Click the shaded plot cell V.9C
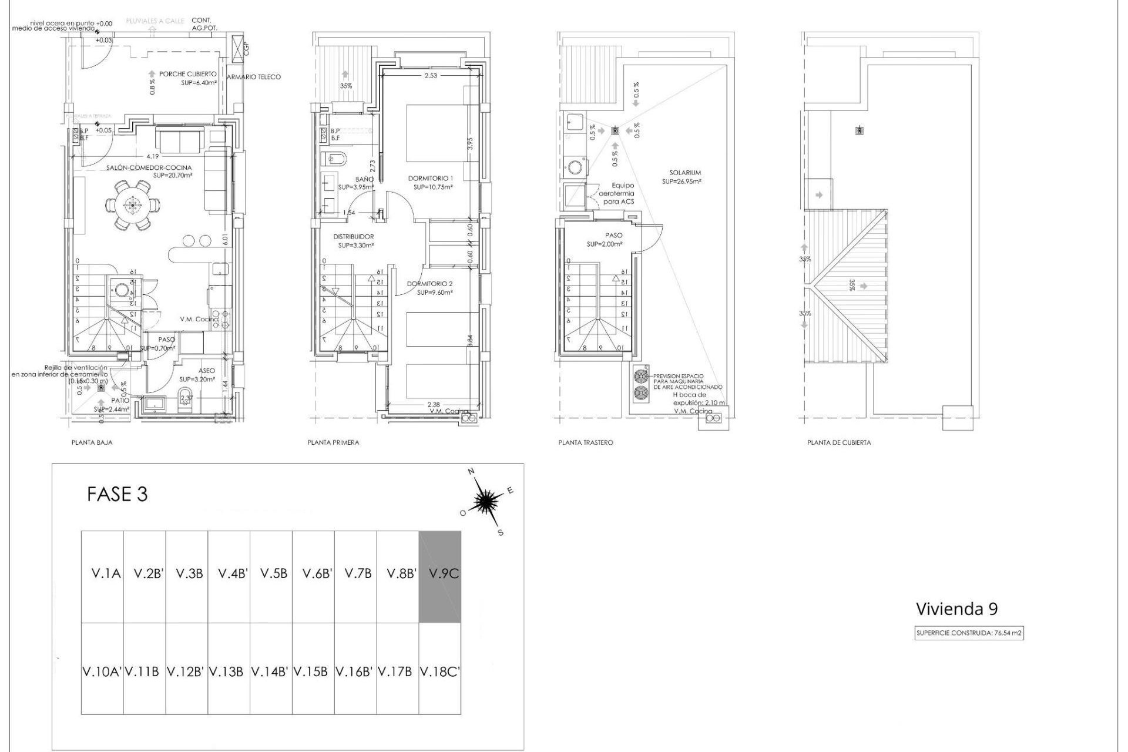[x=439, y=576]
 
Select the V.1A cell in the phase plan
[x=102, y=576]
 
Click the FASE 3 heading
[x=117, y=495]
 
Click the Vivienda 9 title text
[x=956, y=609]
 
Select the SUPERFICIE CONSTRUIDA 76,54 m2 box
[x=969, y=633]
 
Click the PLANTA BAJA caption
[x=92, y=442]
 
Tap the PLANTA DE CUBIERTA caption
[x=839, y=442]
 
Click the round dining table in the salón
[x=132, y=205]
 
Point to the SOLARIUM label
[x=685, y=173]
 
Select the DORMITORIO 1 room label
[x=431, y=178]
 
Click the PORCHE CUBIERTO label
[x=187, y=75]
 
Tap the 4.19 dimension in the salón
[x=153, y=156]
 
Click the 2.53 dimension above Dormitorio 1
[x=431, y=75]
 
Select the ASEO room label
[x=207, y=371]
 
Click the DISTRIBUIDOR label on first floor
[x=353, y=237]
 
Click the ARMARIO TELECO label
[x=254, y=77]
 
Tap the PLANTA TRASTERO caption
[x=585, y=442]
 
